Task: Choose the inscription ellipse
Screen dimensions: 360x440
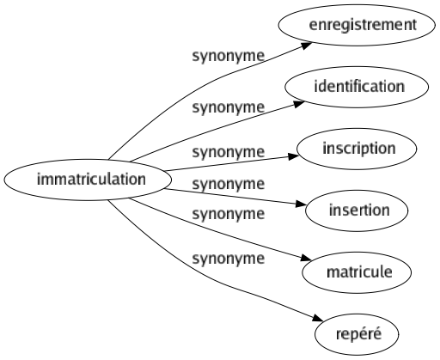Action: coord(360,148)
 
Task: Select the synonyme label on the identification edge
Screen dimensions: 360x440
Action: coord(228,109)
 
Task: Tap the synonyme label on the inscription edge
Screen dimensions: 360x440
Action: coord(228,152)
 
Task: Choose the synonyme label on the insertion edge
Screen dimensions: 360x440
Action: coord(228,183)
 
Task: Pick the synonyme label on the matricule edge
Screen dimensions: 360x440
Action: coord(228,213)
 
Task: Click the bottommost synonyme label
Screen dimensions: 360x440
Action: coord(228,258)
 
